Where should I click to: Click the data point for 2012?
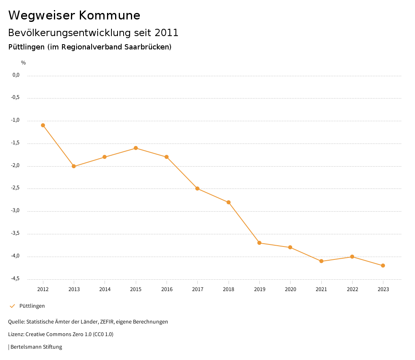pyautogui.click(x=43, y=125)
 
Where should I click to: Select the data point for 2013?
pyautogui.click(x=74, y=166)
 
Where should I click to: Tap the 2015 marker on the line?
pyautogui.click(x=136, y=148)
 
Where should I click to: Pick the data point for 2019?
pyautogui.click(x=259, y=243)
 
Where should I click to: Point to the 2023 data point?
pyautogui.click(x=383, y=266)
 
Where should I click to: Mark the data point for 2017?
pyautogui.click(x=197, y=189)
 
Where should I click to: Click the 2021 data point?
pyautogui.click(x=321, y=261)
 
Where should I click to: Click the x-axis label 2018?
pyautogui.click(x=229, y=289)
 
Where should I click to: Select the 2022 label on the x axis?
pyautogui.click(x=352, y=289)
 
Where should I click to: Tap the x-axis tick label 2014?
pyautogui.click(x=105, y=289)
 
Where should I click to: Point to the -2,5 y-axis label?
pyautogui.click(x=15, y=188)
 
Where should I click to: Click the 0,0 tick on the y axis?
pyautogui.click(x=16, y=75)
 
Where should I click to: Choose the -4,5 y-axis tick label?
pyautogui.click(x=15, y=279)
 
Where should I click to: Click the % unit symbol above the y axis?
pyautogui.click(x=24, y=63)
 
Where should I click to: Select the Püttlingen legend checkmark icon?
pyautogui.click(x=12, y=306)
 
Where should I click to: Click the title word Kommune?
pyautogui.click(x=109, y=15)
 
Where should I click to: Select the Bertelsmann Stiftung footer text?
pyautogui.click(x=36, y=347)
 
